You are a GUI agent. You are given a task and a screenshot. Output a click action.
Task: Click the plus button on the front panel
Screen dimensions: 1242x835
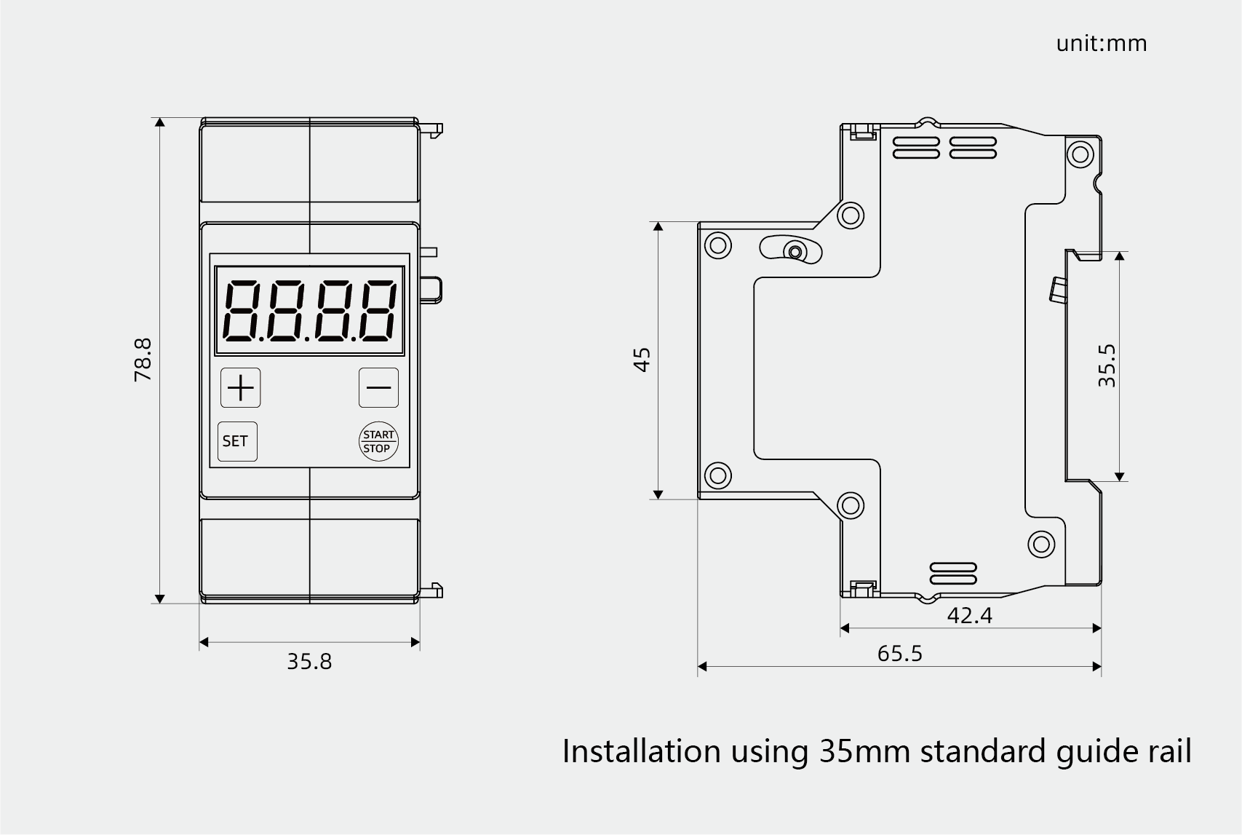click(x=241, y=388)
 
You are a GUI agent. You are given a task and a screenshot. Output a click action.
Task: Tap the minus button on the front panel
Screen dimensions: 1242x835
click(x=378, y=388)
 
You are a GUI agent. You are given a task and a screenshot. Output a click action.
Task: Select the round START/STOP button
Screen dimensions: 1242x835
click(x=378, y=442)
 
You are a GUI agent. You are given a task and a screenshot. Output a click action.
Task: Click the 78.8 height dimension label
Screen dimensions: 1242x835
click(x=143, y=360)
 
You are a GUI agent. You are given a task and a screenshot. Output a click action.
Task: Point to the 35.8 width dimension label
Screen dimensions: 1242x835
click(x=309, y=662)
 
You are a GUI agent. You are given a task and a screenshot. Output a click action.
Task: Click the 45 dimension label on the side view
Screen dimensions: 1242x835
click(x=642, y=360)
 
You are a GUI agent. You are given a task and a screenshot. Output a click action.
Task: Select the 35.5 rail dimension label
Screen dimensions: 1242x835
click(x=1107, y=365)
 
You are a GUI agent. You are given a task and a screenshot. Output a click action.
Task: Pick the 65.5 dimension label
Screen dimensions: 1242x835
click(x=900, y=654)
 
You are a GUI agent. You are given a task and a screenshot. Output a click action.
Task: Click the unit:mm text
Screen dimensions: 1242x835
click(x=1101, y=44)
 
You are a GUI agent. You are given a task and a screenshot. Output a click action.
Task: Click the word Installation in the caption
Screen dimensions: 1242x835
click(x=642, y=752)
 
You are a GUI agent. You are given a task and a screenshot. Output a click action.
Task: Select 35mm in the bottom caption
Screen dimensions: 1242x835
click(x=865, y=752)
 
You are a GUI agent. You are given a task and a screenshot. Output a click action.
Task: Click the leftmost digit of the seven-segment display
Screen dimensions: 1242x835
click(x=242, y=311)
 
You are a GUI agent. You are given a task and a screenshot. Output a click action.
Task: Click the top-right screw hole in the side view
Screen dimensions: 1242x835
click(x=1080, y=154)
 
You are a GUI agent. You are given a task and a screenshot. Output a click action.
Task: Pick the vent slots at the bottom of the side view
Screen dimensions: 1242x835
click(x=953, y=574)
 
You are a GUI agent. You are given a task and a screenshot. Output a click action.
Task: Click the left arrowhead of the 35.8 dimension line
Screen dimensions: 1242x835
click(x=204, y=643)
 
